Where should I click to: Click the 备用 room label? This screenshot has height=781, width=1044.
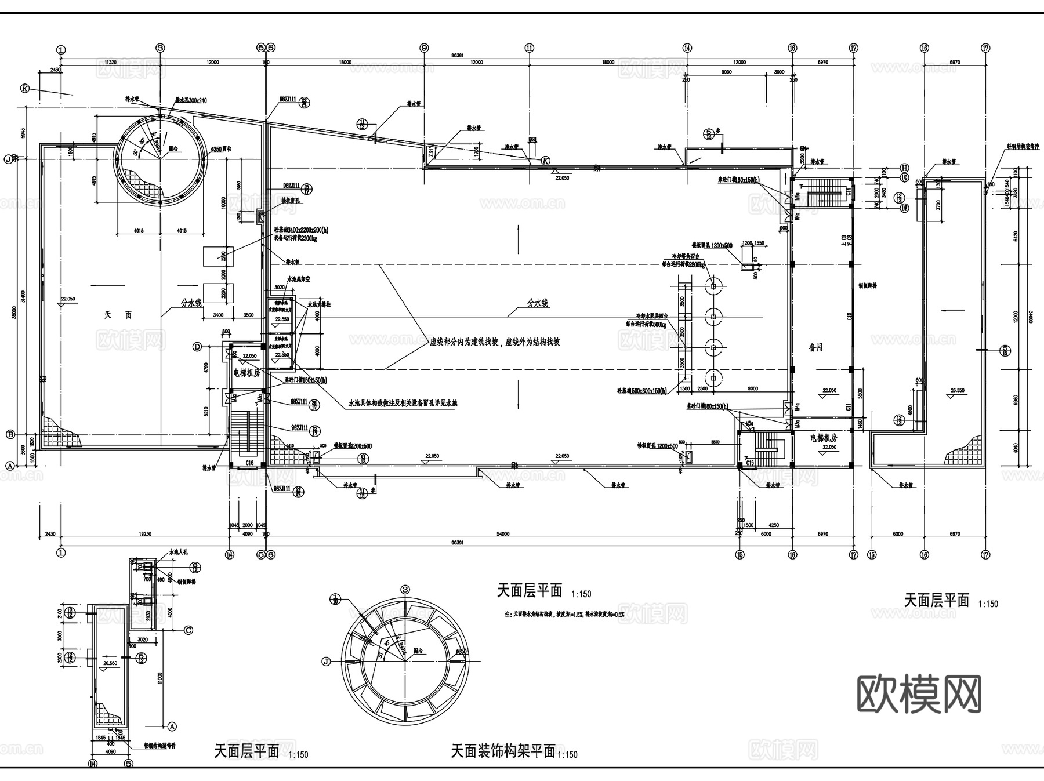815,347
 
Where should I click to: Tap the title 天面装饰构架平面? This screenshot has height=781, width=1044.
503,751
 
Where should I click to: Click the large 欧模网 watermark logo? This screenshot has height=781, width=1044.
919,694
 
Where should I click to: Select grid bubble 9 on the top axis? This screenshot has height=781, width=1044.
424,49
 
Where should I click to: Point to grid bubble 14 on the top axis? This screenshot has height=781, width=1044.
687,49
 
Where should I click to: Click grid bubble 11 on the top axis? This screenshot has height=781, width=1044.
529,49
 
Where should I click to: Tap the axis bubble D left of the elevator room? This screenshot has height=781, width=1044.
197,347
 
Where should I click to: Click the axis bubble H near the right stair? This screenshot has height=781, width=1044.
904,168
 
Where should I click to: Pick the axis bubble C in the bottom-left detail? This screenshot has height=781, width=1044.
188,630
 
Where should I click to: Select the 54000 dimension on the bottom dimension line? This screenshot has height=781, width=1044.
503,533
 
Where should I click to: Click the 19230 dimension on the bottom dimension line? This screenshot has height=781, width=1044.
144,533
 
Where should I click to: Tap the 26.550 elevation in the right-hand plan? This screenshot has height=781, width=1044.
956,390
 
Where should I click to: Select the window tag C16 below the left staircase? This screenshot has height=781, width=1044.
249,463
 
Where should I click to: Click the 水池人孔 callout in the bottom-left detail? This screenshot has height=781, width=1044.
179,554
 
